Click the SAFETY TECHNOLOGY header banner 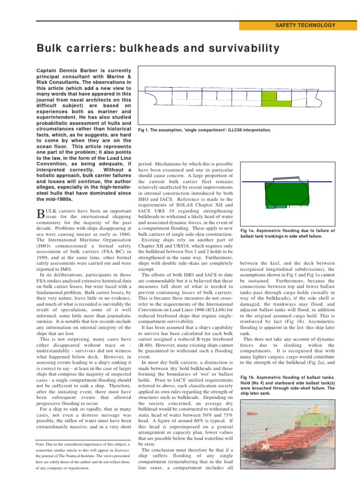click(x=299, y=25)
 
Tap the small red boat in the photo click(x=251, y=412)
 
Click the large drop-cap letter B click(x=40, y=214)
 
